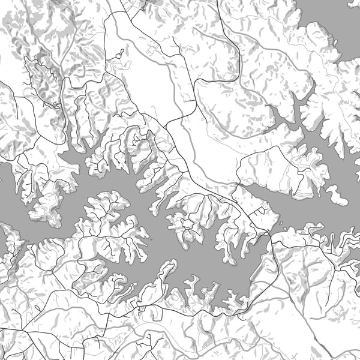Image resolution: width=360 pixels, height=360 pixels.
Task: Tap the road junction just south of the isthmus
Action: [273, 238]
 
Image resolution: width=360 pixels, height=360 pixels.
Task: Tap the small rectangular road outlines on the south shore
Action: [144, 310]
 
